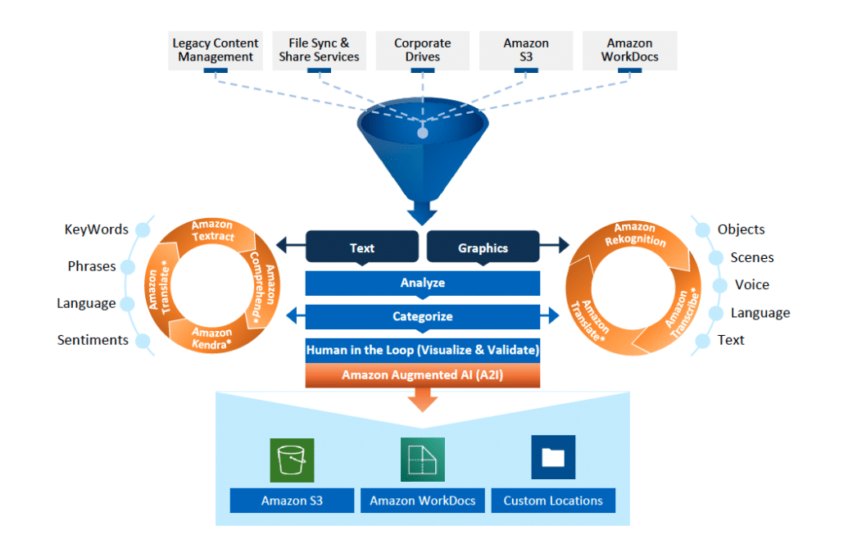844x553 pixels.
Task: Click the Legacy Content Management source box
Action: [216, 50]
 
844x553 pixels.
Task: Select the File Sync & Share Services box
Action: [319, 50]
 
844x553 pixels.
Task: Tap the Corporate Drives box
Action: [422, 50]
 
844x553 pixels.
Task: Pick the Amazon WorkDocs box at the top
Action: [629, 50]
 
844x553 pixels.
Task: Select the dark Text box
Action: [362, 247]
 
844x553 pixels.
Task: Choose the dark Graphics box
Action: [483, 247]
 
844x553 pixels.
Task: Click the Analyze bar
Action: [422, 283]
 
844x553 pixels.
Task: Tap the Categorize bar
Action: [422, 316]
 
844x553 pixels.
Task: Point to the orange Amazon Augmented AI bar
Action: [422, 376]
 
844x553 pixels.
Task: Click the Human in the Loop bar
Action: [422, 350]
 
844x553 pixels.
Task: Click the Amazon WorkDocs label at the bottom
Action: [422, 501]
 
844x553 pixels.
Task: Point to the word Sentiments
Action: [93, 340]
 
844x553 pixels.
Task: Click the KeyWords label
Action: [97, 229]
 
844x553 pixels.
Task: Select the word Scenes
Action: [751, 257]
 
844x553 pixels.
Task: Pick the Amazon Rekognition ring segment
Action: [635, 235]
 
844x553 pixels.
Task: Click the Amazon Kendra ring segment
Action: [212, 337]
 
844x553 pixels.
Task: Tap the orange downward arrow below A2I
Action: [422, 400]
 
